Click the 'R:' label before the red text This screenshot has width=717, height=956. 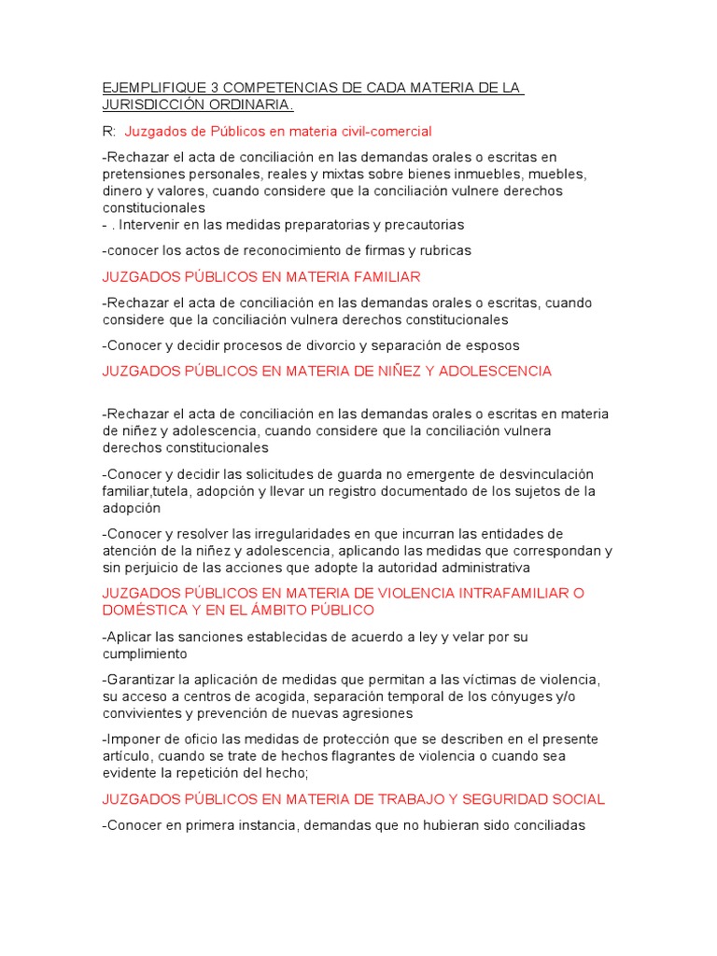pyautogui.click(x=108, y=132)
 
